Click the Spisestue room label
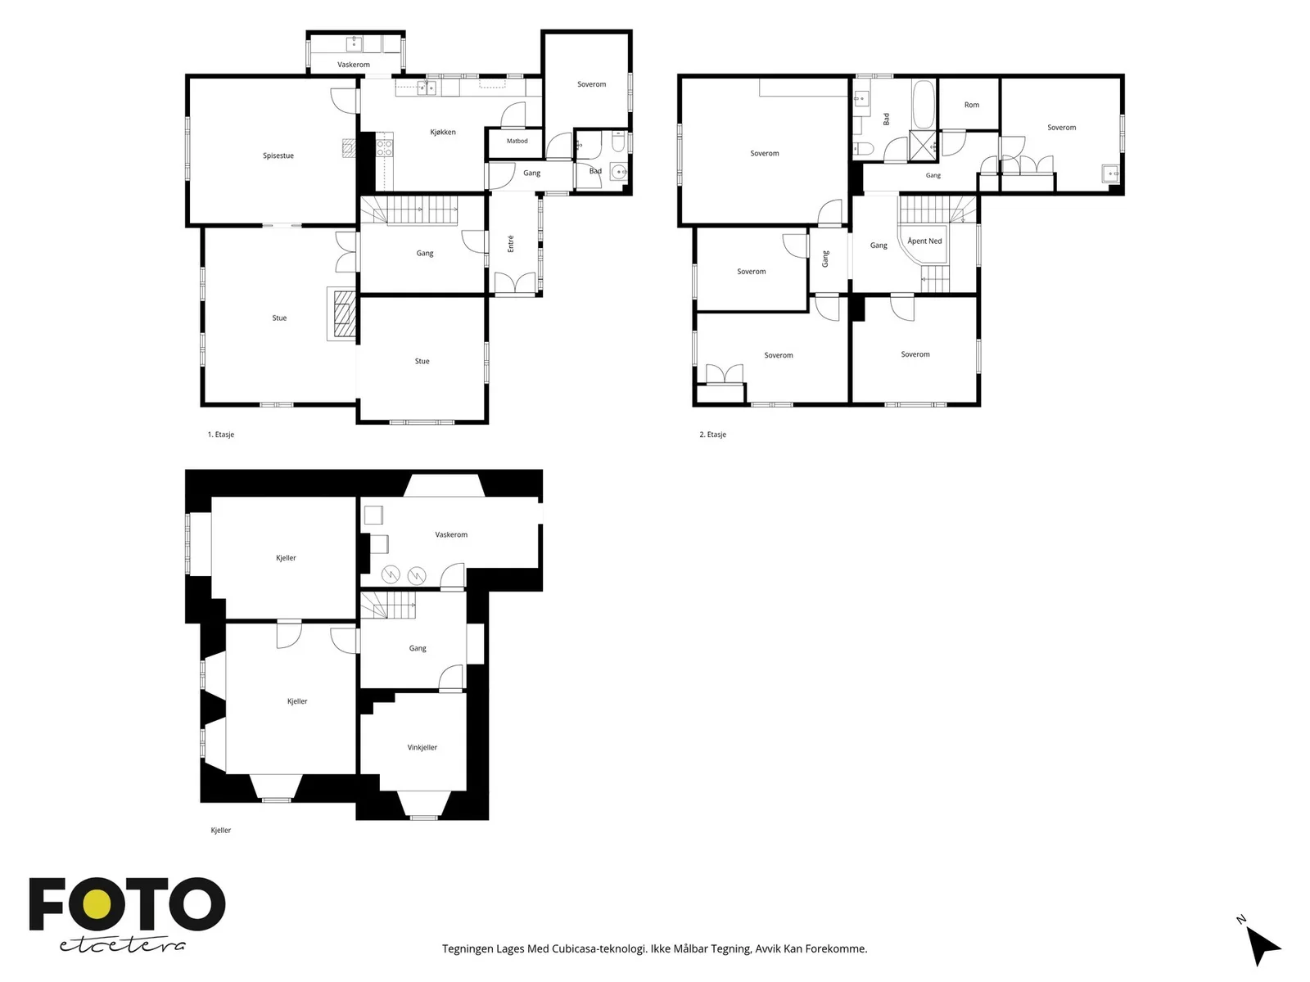click(278, 155)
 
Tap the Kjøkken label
click(443, 132)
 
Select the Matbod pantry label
click(517, 142)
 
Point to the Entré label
click(510, 244)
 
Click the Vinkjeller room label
click(422, 747)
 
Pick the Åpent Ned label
click(924, 241)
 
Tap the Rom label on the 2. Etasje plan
click(972, 105)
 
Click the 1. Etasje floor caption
click(221, 435)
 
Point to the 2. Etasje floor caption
click(712, 435)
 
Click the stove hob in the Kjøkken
click(384, 148)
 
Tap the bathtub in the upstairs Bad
click(924, 105)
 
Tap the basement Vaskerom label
click(451, 535)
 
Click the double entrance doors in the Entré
click(514, 282)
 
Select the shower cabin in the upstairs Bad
click(923, 145)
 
